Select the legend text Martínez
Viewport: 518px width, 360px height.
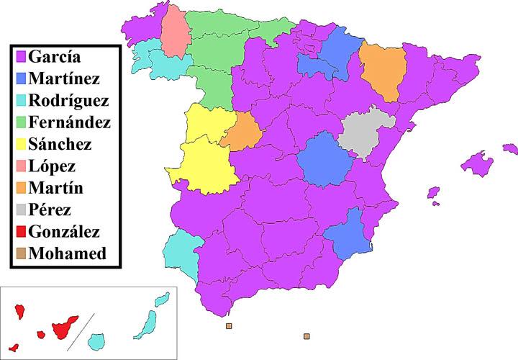click(x=65, y=78)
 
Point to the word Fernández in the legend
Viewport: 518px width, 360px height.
click(x=69, y=122)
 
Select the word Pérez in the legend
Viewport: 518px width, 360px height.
click(x=50, y=210)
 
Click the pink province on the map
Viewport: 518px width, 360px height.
click(x=173, y=32)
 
